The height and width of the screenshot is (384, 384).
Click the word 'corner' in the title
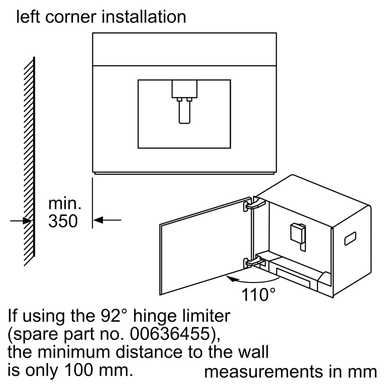[x=71, y=17]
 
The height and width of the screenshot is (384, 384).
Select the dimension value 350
[x=63, y=221]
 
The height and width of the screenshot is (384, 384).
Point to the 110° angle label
[x=258, y=295]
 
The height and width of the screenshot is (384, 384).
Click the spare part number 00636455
[x=170, y=334]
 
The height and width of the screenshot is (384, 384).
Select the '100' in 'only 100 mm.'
[x=80, y=370]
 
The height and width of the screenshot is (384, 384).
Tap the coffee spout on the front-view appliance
[x=184, y=102]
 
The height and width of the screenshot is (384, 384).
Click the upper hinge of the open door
[x=254, y=204]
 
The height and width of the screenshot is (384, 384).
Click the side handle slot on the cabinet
[x=350, y=238]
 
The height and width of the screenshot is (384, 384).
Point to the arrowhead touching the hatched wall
[x=27, y=221]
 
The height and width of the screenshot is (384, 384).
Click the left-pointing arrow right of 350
[x=107, y=220]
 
